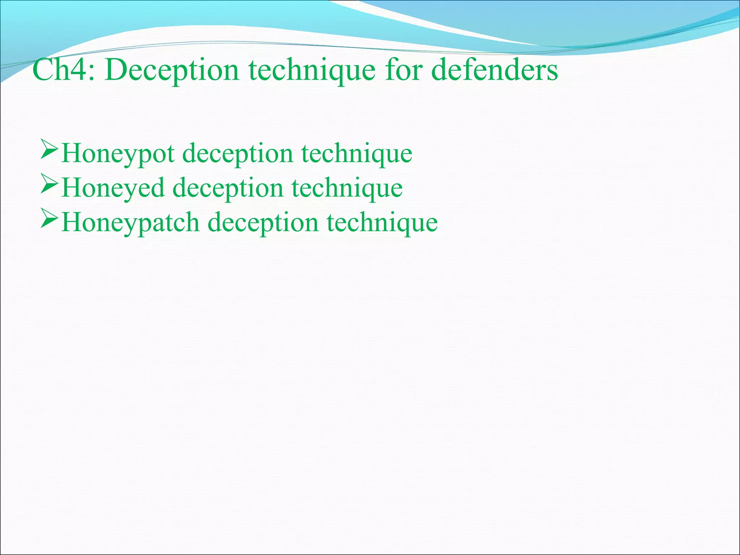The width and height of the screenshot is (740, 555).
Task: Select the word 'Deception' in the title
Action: (172, 70)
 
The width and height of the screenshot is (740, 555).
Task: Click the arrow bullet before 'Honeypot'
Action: (49, 150)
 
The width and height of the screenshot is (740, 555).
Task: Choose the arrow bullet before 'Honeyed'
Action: (49, 184)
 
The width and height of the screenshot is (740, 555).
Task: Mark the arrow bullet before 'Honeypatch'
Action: (49, 219)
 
